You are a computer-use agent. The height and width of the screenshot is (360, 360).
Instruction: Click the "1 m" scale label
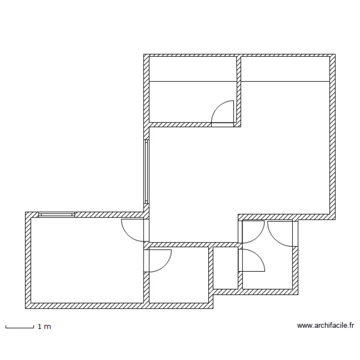click(x=44, y=327)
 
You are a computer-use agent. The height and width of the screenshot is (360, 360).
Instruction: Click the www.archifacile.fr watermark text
click(x=325, y=326)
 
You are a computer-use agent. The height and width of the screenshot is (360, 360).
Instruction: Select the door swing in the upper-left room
click(x=224, y=112)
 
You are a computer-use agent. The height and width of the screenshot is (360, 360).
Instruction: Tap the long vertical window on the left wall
click(x=146, y=172)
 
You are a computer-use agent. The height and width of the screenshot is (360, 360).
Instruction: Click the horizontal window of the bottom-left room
click(x=57, y=215)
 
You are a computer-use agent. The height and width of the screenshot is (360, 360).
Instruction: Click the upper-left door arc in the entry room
click(x=253, y=231)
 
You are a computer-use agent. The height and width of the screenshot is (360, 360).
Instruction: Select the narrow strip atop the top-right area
click(x=285, y=69)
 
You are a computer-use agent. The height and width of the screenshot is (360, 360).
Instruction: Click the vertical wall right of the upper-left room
click(x=238, y=91)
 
